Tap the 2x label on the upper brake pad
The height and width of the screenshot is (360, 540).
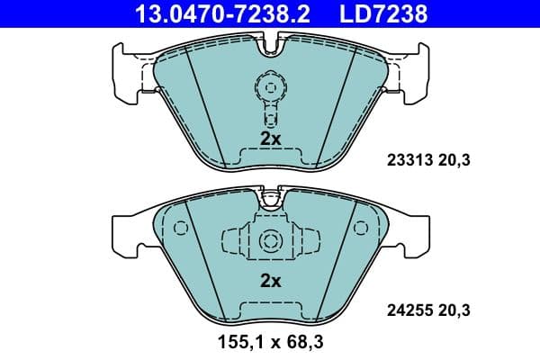coord(270,139)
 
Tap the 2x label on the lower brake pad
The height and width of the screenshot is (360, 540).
coord(270,280)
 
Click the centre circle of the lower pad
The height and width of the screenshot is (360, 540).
coord(269,240)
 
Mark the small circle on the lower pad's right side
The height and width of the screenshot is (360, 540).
coord(361,227)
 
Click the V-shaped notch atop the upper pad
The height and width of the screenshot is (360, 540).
coord(270,41)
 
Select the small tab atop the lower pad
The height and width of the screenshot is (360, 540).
coord(270,195)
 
